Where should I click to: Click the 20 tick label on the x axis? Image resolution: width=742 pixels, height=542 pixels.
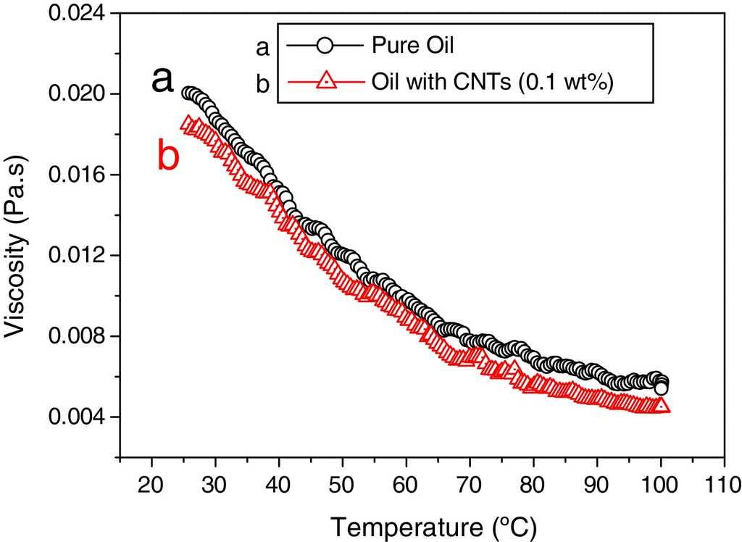(x=151, y=483)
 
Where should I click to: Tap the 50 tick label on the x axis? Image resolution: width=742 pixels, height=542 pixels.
(x=343, y=483)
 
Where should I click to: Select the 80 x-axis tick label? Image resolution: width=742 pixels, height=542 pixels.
(x=533, y=483)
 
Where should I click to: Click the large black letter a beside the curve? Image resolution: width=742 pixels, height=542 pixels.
(x=162, y=80)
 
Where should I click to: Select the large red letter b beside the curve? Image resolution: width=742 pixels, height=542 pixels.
(x=167, y=154)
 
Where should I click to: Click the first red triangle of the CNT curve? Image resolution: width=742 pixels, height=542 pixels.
(x=188, y=124)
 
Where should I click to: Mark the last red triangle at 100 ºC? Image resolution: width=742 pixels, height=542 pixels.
(x=662, y=406)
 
